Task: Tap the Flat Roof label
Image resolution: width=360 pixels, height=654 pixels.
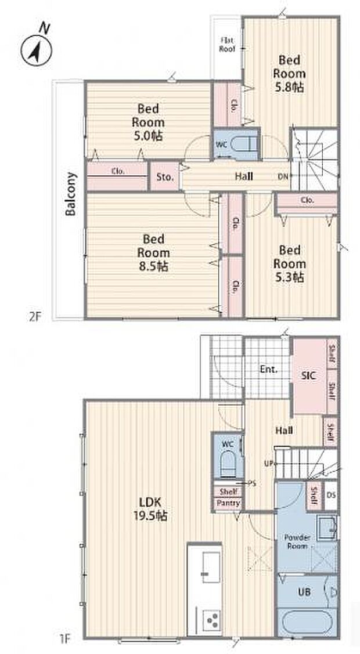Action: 226,45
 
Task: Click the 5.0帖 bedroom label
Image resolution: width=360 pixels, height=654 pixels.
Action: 148,122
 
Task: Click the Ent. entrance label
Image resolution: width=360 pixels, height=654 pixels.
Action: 268,368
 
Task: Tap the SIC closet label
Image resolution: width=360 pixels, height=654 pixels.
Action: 308,375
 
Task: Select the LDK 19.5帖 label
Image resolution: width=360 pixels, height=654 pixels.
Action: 153,508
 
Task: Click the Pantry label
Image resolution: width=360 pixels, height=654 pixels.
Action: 228,503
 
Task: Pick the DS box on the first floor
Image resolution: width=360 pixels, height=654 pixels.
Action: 330,494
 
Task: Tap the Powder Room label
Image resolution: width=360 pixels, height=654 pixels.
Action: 297,541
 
